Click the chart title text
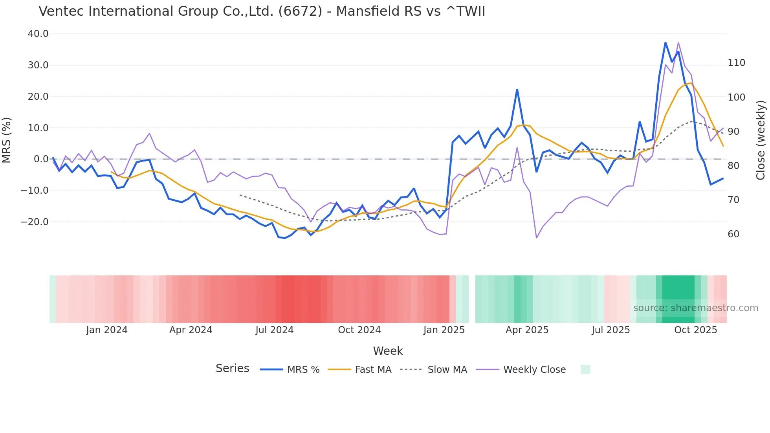262,11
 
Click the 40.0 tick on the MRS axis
38,34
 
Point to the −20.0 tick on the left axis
35,222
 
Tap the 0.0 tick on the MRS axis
41,159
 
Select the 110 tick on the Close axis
736,63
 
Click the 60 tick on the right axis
733,234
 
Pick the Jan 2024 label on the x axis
107,330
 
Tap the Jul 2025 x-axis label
610,330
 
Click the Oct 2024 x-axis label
359,330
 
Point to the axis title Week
388,351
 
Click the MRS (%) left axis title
7,140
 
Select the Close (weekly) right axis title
761,140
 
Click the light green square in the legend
585,369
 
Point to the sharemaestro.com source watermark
695,308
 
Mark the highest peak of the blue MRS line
665,42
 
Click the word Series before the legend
232,369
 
